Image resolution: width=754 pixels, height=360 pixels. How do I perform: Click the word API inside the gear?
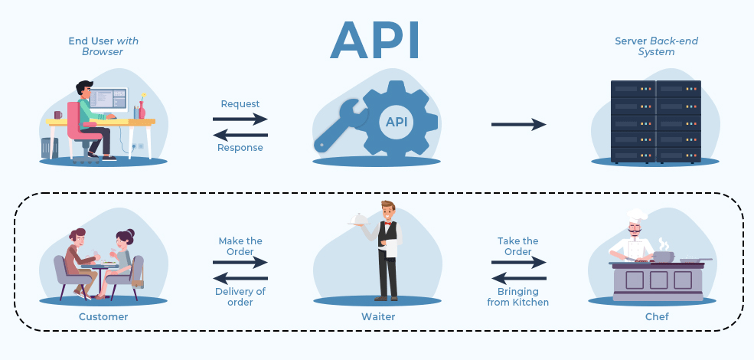(396, 122)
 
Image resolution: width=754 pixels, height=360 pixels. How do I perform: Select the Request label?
(240, 103)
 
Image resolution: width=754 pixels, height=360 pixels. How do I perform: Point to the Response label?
(240, 148)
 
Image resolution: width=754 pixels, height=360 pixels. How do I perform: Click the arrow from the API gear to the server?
(518, 124)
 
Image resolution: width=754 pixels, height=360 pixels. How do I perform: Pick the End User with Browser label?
(103, 46)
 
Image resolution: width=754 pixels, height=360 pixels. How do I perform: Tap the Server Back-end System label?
(656, 46)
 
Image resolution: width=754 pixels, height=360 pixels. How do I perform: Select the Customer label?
(103, 316)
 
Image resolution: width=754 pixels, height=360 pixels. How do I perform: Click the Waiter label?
(378, 316)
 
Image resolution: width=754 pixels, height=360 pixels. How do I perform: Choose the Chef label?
(656, 316)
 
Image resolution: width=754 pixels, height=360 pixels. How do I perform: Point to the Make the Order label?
(240, 246)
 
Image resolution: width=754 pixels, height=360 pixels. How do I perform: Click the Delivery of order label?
(240, 296)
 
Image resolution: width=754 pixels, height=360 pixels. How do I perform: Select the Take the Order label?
(518, 246)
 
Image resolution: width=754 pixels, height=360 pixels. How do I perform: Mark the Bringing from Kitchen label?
(518, 296)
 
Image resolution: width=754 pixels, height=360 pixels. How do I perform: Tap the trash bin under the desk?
(50, 148)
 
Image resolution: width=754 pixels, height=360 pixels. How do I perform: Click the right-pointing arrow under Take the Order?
(518, 263)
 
